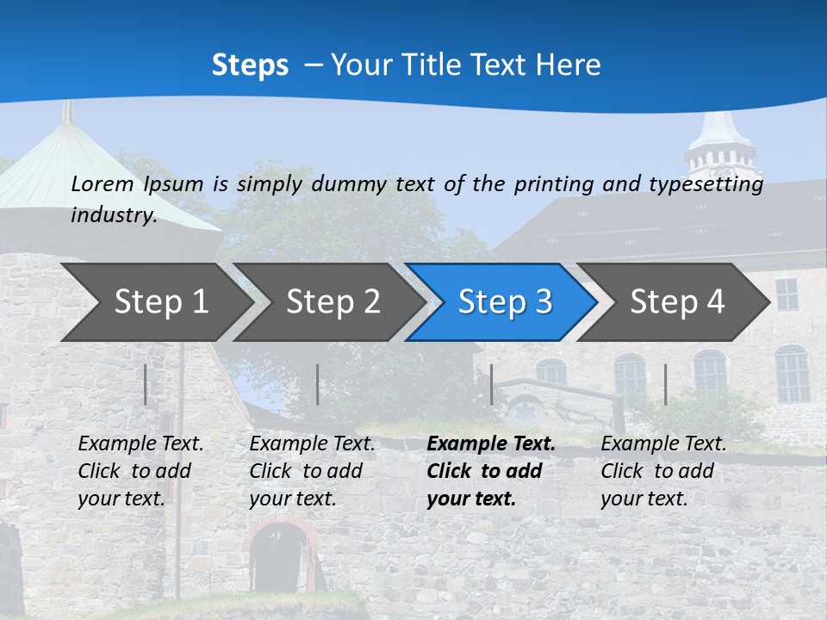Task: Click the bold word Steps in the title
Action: [x=250, y=65]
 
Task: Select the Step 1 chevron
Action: [x=155, y=301]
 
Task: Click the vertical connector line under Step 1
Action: [x=146, y=384]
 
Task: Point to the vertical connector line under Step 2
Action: [x=318, y=384]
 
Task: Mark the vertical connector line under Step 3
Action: [x=492, y=384]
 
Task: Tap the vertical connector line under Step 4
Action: [x=666, y=384]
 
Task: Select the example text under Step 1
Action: [x=140, y=471]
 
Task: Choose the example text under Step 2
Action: [x=312, y=471]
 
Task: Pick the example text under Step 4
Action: [x=663, y=471]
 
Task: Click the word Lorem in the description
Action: [x=103, y=183]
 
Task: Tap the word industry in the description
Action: [x=114, y=215]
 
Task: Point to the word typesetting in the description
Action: [x=713, y=183]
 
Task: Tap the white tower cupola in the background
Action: [x=719, y=146]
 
